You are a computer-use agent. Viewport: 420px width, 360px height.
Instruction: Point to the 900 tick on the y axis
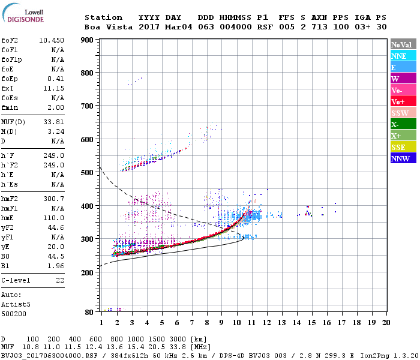[x=88, y=40]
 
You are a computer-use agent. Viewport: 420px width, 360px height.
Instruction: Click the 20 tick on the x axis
[x=386, y=322]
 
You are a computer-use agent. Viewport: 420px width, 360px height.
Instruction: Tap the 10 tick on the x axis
[x=236, y=322]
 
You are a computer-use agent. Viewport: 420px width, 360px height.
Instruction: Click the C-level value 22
[x=59, y=280]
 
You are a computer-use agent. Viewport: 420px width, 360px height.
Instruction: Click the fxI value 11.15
[x=54, y=88]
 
